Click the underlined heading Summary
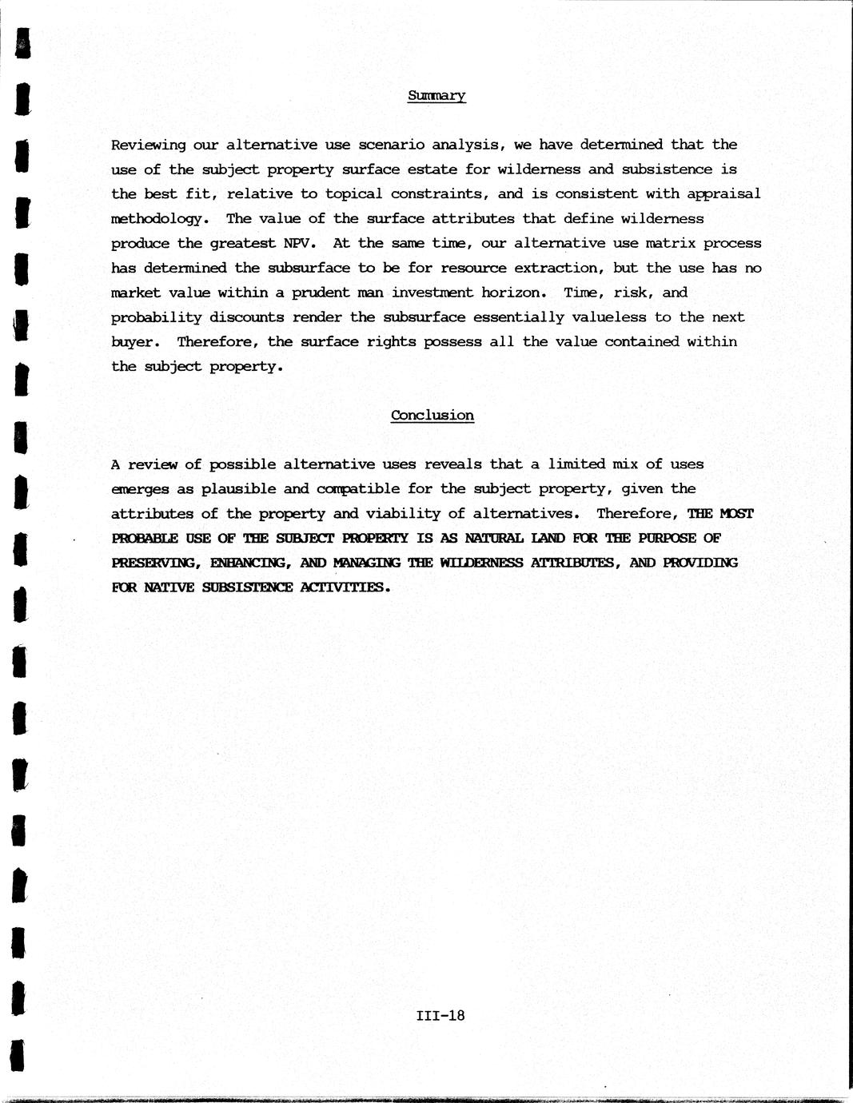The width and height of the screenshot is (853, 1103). coord(436,96)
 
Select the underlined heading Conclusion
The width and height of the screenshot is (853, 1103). coord(432,415)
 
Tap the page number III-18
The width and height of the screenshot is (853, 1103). coord(440,1016)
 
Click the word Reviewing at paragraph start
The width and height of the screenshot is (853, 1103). coord(148,145)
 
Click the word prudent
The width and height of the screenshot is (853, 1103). coord(320,293)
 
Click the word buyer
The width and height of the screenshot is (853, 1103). coord(134,342)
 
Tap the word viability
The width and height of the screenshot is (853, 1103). coord(399,513)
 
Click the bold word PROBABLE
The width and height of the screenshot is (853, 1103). coord(145,538)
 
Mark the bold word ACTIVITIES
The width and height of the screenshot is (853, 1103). coord(345,587)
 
